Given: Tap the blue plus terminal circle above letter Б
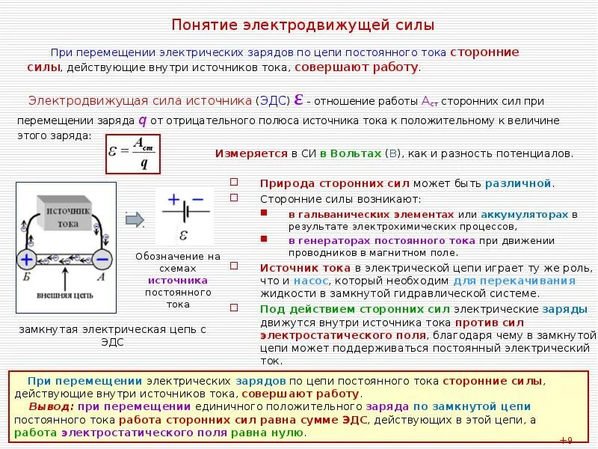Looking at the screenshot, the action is [x=26, y=260].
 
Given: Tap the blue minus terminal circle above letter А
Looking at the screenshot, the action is [x=102, y=260].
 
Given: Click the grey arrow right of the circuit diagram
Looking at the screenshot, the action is [x=135, y=219].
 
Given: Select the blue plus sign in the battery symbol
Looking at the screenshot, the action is [x=173, y=200].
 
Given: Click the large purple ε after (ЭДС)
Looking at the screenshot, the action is [x=298, y=100].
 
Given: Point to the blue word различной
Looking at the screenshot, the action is [x=518, y=183].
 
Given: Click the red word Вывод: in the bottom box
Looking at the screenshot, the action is [x=52, y=406].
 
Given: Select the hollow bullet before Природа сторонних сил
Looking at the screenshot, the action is [x=234, y=183].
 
